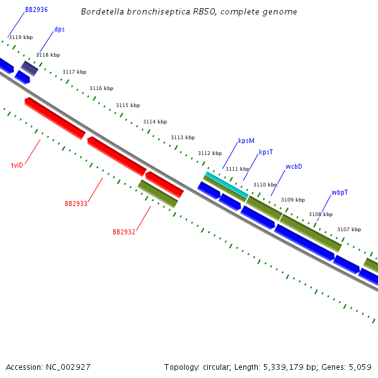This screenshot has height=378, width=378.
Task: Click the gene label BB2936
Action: pyautogui.click(x=36, y=10)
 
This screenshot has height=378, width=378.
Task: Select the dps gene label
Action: pyautogui.click(x=59, y=29)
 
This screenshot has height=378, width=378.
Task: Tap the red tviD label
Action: pyautogui.click(x=17, y=165)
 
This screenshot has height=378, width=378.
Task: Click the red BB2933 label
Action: pyautogui.click(x=76, y=203)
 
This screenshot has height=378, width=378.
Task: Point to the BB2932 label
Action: pyautogui.click(x=124, y=232)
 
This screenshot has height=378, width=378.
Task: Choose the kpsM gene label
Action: pyautogui.click(x=246, y=140)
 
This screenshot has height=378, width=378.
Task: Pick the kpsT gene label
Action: pyautogui.click(x=266, y=152)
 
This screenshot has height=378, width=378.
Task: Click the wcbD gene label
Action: pyautogui.click(x=294, y=166)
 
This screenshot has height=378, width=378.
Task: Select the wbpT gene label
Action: pyautogui.click(x=340, y=192)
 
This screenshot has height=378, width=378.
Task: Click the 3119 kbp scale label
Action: pyautogui.click(x=20, y=37)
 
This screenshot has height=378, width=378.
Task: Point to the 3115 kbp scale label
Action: pyautogui.click(x=128, y=105)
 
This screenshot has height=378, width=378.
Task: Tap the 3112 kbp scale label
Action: pyautogui.click(x=210, y=153)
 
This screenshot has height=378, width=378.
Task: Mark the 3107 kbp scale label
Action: pyautogui.click(x=349, y=229)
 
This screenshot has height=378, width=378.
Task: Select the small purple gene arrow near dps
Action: pyautogui.click(x=30, y=68)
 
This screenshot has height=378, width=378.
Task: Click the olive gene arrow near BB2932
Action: pyautogui.click(x=157, y=193)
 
